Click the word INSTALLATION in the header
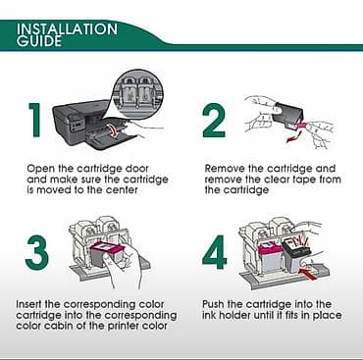(67, 29)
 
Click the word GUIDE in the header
(39, 41)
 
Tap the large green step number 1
(35, 120)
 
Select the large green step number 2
(214, 120)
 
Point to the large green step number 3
(36, 252)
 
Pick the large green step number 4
(215, 252)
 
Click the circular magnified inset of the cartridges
(139, 93)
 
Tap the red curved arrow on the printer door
(113, 130)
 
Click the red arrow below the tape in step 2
(293, 136)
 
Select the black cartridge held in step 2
(287, 115)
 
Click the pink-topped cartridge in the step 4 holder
(271, 258)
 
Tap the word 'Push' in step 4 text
(213, 304)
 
